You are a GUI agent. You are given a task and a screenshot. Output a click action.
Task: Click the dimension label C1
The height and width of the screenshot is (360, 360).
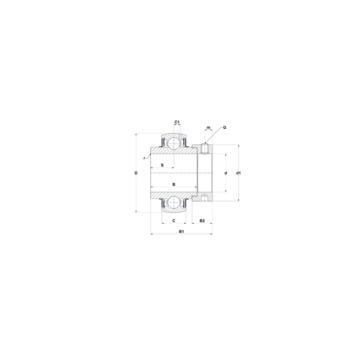[177, 122]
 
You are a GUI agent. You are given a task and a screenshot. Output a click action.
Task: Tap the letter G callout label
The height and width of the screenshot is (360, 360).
[225, 127]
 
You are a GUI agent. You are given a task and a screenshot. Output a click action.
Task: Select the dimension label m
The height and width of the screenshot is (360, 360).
[208, 128]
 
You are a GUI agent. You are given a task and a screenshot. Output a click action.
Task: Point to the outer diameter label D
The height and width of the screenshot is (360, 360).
[136, 173]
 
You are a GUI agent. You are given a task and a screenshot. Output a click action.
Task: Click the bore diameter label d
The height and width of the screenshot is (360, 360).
[226, 173]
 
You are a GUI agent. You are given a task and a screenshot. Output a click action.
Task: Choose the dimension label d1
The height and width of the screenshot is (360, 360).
[238, 173]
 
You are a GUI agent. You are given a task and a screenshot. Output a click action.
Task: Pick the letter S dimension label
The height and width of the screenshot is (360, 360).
[162, 165]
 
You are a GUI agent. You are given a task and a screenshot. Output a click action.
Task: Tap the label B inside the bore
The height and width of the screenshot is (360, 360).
[174, 184]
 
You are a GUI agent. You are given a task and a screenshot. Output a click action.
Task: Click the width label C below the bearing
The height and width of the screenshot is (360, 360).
[174, 220]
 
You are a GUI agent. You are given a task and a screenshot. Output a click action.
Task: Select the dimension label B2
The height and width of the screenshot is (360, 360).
[202, 220]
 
